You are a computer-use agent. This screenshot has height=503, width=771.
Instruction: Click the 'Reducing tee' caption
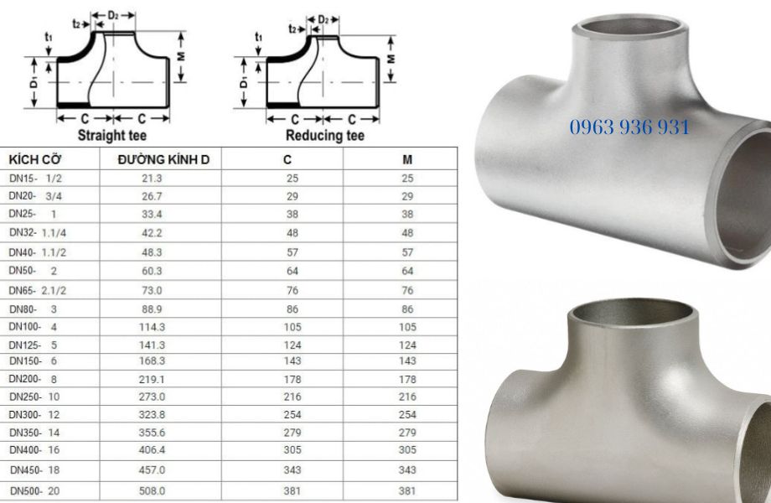click(325, 134)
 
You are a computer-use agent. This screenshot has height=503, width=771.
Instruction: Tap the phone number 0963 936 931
click(629, 127)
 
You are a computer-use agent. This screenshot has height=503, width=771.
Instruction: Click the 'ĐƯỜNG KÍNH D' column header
click(163, 159)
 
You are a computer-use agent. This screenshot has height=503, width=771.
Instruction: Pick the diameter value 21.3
click(152, 178)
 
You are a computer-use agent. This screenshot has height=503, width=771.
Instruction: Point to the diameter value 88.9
click(152, 309)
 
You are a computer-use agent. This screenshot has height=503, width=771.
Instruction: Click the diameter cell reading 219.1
click(152, 378)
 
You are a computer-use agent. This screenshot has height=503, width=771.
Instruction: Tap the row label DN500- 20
click(34, 490)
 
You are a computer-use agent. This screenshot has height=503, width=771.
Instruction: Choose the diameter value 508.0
click(152, 490)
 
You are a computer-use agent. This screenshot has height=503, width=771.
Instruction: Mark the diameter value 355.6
click(152, 433)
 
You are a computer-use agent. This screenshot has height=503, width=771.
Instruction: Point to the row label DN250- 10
click(34, 396)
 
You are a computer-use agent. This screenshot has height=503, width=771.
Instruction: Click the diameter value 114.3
click(152, 326)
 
